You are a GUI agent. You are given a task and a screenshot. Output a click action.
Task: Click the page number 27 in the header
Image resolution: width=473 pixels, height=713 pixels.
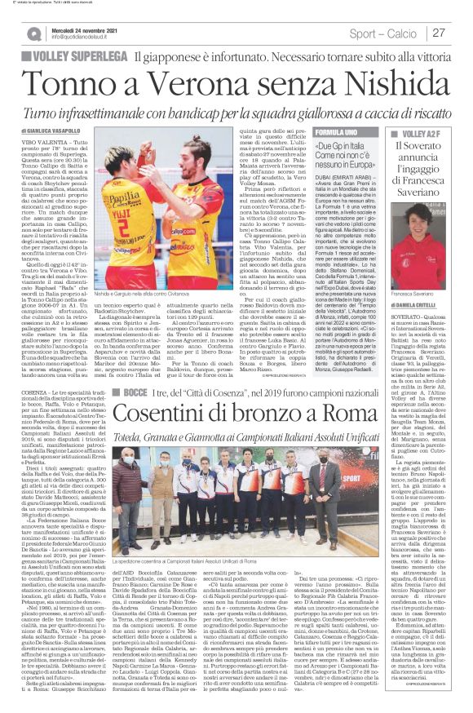coord(460,33)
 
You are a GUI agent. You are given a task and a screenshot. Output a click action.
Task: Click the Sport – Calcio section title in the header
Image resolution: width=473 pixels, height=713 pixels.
coord(396,33)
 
